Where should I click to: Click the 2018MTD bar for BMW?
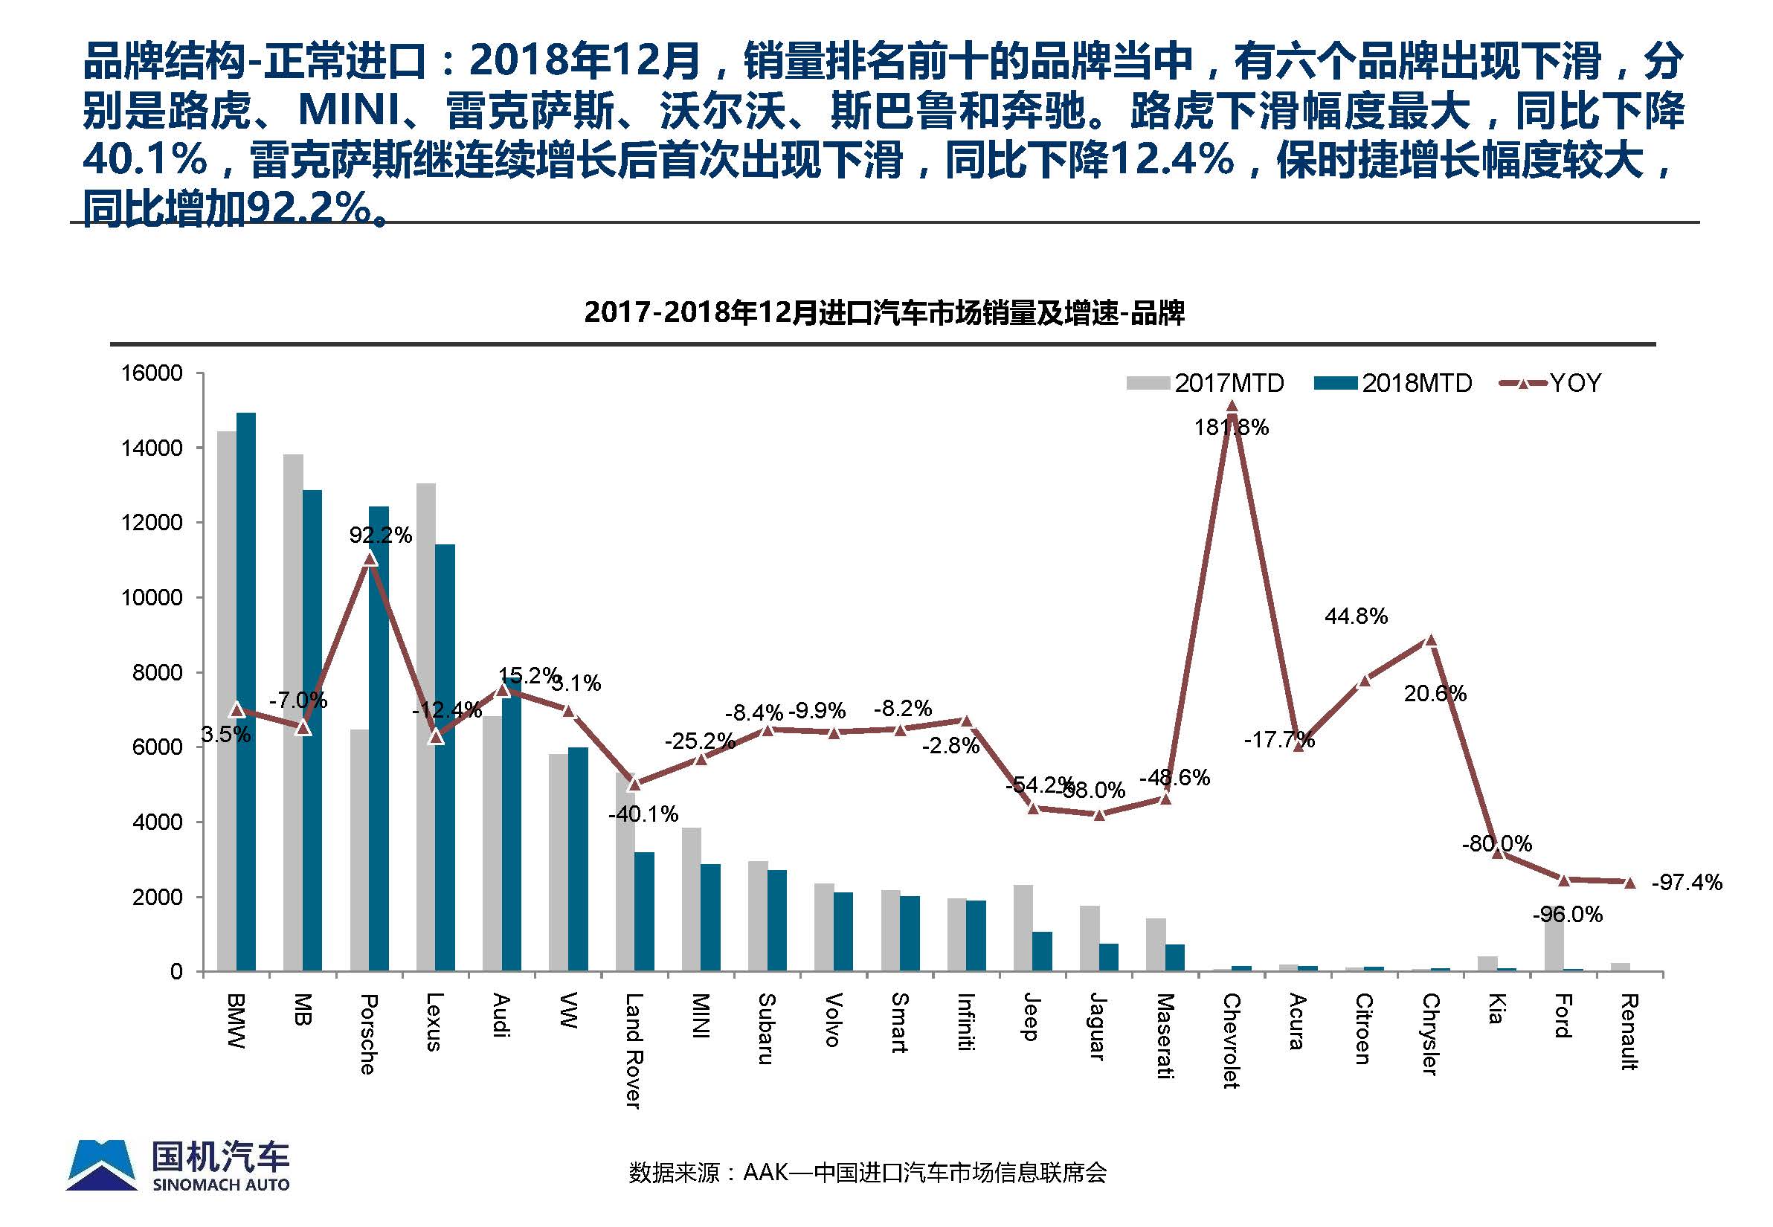[x=246, y=692]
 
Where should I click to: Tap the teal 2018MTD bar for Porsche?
[x=379, y=738]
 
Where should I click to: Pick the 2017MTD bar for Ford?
[x=1553, y=946]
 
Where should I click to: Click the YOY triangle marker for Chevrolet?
[x=1232, y=406]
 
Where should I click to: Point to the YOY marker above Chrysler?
[x=1430, y=640]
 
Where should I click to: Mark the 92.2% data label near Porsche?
[x=381, y=535]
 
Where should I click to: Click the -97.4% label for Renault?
[x=1687, y=882]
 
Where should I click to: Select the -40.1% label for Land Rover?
[x=643, y=814]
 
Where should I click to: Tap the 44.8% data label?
[x=1357, y=616]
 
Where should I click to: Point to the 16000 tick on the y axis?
[x=152, y=373]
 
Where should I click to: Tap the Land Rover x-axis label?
[x=632, y=1050]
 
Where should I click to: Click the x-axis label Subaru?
[x=766, y=1028]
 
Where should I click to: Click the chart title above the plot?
[x=884, y=313]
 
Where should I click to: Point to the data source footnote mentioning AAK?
[x=867, y=1173]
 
